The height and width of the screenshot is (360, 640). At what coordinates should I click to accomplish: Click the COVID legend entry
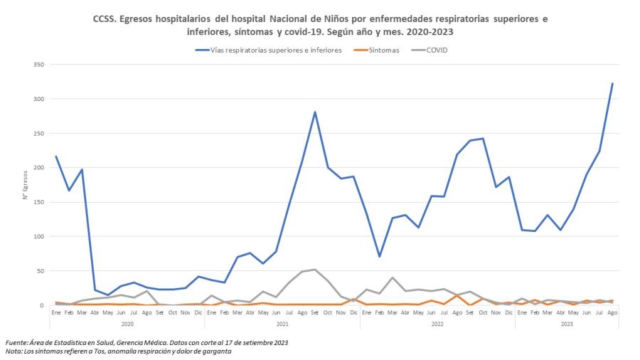click(429, 51)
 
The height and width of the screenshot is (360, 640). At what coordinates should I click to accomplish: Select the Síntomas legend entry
click(376, 51)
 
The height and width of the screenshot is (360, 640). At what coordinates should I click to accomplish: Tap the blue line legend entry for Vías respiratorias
click(269, 51)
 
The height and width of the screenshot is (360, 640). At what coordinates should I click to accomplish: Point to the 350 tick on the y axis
click(39, 65)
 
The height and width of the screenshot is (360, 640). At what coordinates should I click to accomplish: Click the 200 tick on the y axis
click(39, 168)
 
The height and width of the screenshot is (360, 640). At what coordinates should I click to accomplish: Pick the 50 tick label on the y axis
click(41, 271)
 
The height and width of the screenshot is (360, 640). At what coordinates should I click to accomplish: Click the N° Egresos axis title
click(26, 185)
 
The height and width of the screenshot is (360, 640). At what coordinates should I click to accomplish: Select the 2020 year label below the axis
click(127, 324)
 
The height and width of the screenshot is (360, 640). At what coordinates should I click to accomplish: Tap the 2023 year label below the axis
click(567, 324)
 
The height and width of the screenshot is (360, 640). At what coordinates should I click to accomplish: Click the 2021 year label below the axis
click(282, 324)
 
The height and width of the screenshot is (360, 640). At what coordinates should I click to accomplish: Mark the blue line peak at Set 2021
click(315, 112)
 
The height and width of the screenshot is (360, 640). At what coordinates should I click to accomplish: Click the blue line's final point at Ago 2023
click(612, 83)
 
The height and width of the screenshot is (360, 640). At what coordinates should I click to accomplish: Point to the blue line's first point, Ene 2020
click(56, 157)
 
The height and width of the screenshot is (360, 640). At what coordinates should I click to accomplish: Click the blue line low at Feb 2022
click(379, 256)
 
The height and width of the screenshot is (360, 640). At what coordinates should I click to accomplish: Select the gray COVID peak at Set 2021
click(315, 270)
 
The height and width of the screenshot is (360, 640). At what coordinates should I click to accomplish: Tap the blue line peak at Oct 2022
click(483, 138)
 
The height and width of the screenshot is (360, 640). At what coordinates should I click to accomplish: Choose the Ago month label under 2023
click(612, 312)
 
